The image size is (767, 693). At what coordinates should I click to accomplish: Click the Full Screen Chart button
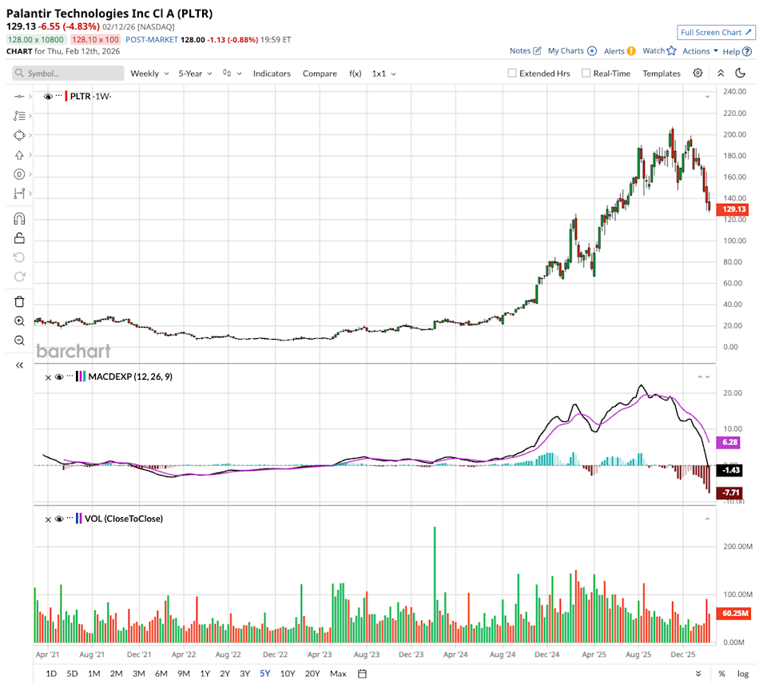coord(716,33)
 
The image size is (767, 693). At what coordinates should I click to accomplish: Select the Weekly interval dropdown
coord(149,74)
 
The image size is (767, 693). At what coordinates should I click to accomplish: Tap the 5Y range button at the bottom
coord(264,674)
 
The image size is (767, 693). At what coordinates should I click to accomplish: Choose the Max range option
coord(338,674)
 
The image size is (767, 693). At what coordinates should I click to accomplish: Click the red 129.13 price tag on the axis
coord(734,209)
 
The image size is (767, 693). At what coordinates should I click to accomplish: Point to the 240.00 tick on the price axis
coord(734,92)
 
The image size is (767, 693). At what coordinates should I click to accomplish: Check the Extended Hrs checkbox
coord(512,74)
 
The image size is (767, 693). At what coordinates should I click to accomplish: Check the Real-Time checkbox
coord(586,74)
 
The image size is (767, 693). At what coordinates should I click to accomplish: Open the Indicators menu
coord(272,74)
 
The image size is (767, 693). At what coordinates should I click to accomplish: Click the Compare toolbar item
coord(320,74)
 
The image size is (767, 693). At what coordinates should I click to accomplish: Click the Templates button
coord(662,74)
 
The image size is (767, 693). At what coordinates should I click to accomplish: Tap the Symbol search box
coord(69,74)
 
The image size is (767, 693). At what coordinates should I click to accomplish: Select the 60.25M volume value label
coord(734,613)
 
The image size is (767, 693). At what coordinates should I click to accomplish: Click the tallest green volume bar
coord(434,584)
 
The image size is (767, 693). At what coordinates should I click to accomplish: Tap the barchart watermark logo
coord(74,351)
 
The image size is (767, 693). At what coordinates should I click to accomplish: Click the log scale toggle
coord(743,674)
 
